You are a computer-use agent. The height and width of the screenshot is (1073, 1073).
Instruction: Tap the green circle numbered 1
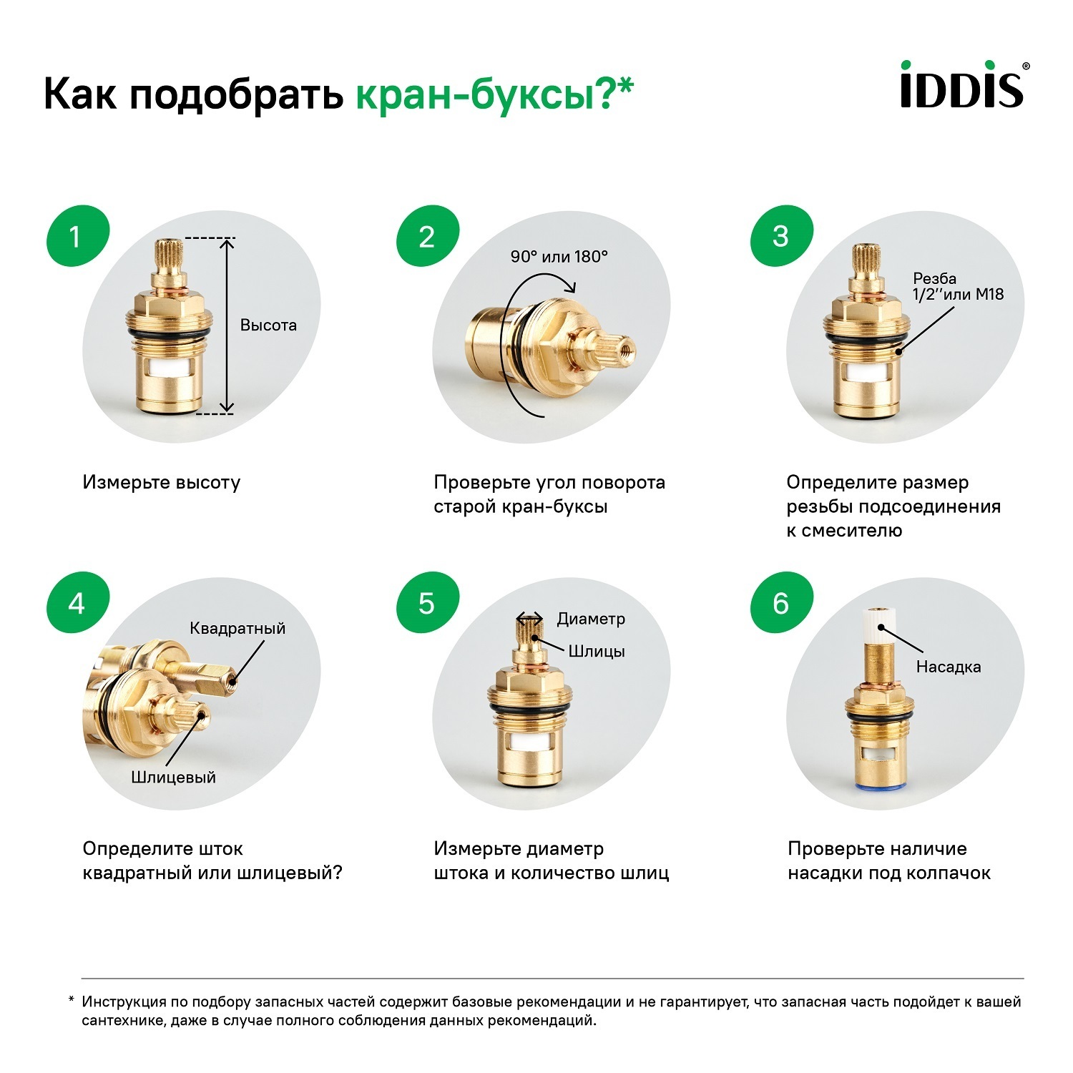pyautogui.click(x=77, y=237)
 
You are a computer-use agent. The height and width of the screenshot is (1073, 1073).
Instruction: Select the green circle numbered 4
pyautogui.click(x=77, y=604)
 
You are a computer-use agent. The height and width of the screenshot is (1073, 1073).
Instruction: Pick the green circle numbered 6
pyautogui.click(x=781, y=604)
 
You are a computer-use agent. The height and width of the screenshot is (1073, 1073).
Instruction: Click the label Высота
pyautogui.click(x=268, y=325)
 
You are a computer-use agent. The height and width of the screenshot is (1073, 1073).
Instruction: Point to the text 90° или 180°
pyautogui.click(x=559, y=257)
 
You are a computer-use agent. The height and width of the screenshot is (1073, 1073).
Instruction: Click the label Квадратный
pyautogui.click(x=237, y=628)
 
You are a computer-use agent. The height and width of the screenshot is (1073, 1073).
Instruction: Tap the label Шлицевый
pyautogui.click(x=174, y=778)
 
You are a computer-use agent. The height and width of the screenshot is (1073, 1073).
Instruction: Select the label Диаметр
pyautogui.click(x=591, y=619)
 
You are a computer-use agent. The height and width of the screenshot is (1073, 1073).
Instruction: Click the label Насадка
pyautogui.click(x=949, y=667)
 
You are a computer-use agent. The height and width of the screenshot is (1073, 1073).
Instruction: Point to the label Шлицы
pyautogui.click(x=597, y=651)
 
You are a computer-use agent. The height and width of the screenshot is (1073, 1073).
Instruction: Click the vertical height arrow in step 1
pyautogui.click(x=227, y=325)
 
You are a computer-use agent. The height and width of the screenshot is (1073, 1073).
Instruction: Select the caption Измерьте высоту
pyautogui.click(x=162, y=483)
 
